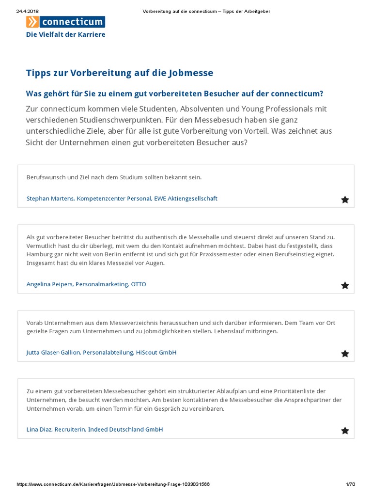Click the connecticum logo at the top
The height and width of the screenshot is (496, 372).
coord(65,22)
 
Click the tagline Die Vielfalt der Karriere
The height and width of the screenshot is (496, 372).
coord(65,34)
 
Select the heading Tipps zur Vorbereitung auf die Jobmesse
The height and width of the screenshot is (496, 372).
coord(120,73)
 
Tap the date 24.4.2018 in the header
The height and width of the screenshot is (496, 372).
coord(27,11)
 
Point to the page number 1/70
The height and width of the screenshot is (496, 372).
coord(350,484)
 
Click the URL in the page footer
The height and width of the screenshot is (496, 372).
coord(113,484)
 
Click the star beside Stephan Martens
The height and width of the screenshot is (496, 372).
coord(345,200)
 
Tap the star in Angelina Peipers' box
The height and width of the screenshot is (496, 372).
coord(345,285)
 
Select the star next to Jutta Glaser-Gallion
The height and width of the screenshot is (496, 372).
coord(345,354)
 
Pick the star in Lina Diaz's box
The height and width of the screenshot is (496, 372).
coord(345,431)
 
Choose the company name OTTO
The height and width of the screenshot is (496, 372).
coord(138,284)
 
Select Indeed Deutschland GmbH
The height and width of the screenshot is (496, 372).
coord(125,430)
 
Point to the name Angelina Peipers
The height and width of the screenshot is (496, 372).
coord(49,284)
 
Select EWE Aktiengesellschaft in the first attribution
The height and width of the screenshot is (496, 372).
coord(186,199)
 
